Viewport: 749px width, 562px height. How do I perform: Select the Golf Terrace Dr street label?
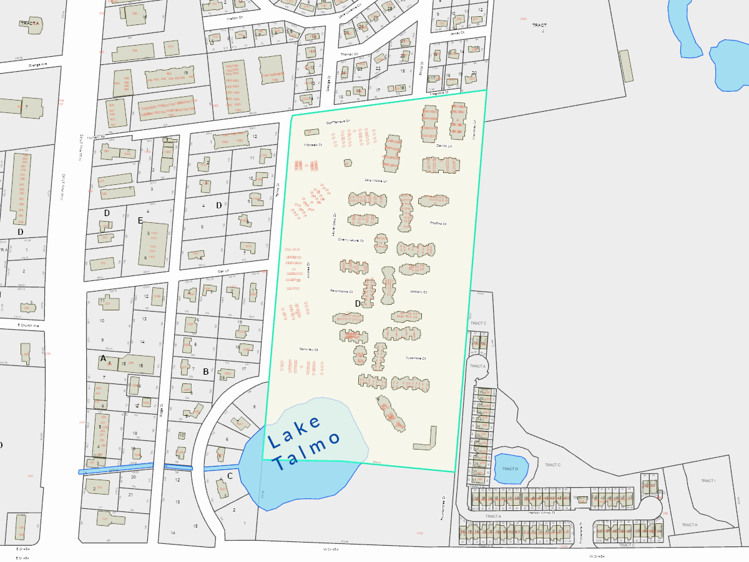coord(339,121)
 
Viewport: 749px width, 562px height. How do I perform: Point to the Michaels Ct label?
coord(312,145)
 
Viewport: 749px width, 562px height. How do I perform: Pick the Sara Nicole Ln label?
coord(376,180)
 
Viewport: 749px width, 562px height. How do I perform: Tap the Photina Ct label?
coord(438,223)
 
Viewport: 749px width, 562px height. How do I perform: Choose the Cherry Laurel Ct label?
coord(350,239)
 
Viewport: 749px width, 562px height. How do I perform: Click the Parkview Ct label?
coord(309,349)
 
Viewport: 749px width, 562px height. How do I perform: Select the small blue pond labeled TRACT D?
coord(511,468)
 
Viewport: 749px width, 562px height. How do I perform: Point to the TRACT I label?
coord(708,481)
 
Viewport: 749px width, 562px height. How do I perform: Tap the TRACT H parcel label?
coord(690,525)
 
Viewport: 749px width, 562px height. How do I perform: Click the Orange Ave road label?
coord(37,64)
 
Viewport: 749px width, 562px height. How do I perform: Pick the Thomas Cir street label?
coord(350,54)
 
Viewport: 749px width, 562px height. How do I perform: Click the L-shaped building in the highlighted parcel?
coord(426,440)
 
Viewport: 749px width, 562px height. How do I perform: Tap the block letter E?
coord(140,220)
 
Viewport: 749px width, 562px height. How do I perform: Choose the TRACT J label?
coord(539,26)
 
